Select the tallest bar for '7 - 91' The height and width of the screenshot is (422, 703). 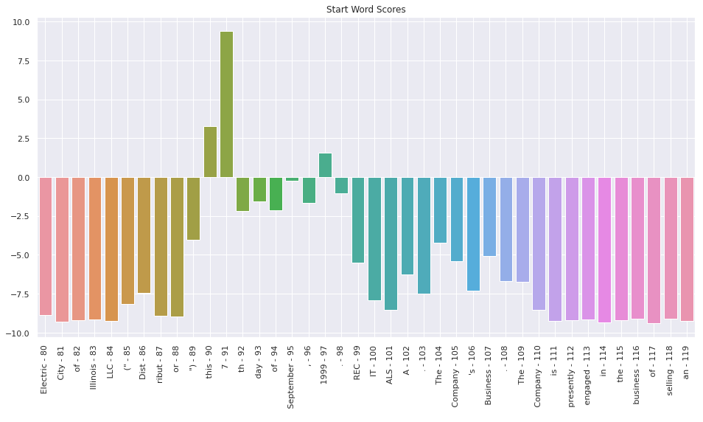tap(226, 104)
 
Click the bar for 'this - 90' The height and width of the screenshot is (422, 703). tap(210, 152)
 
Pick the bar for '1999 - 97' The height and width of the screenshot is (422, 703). tap(325, 165)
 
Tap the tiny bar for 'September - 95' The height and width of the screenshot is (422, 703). tap(292, 179)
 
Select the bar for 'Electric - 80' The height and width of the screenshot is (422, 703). tap(46, 246)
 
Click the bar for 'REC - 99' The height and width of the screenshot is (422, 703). tap(358, 220)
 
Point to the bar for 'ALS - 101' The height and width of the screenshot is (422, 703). tap(391, 243)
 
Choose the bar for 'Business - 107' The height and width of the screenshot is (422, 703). tap(489, 216)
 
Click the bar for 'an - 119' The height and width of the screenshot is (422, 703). tap(687, 249)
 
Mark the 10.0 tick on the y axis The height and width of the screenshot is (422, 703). tap(21, 22)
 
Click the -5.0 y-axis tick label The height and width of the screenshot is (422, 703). tap(22, 255)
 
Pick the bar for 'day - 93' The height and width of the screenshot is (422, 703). tap(259, 190)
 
